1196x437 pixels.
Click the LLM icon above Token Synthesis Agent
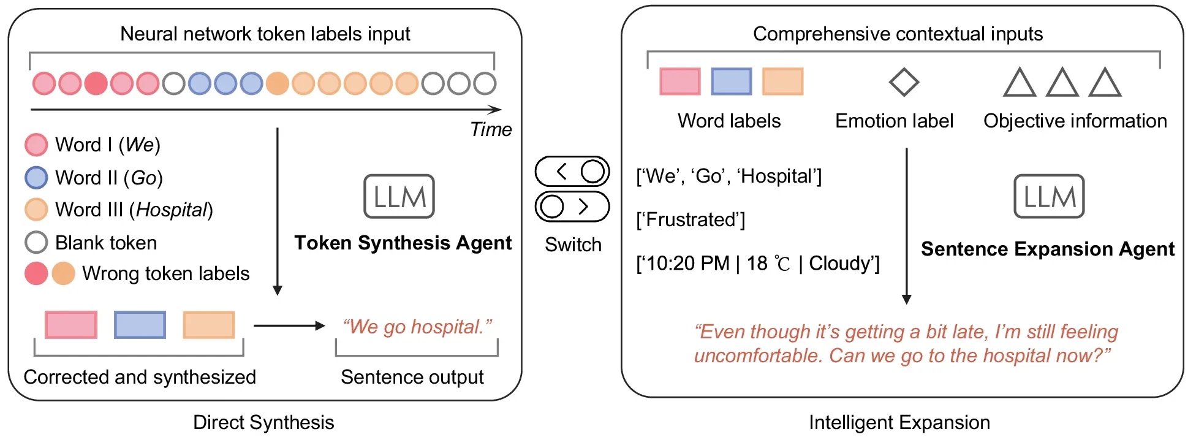click(399, 197)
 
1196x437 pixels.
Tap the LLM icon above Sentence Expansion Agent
click(1049, 197)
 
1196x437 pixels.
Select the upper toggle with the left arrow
click(572, 172)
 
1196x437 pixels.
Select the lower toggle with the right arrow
click(572, 207)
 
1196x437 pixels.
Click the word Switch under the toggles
click(573, 245)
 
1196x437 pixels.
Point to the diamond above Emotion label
click(904, 82)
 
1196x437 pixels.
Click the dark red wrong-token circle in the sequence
click(96, 83)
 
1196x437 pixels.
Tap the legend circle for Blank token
click(36, 242)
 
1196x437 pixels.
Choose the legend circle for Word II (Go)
click(36, 178)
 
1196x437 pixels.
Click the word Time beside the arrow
click(491, 129)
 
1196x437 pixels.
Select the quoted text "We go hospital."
click(417, 327)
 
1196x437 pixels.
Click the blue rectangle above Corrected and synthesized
click(140, 325)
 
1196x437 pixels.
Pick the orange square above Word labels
click(782, 82)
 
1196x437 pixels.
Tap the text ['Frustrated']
click(691, 219)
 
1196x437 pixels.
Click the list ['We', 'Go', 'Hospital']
click(729, 176)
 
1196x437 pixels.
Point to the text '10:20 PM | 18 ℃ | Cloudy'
click(758, 264)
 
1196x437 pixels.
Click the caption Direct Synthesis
click(263, 422)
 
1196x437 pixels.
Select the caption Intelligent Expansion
click(899, 422)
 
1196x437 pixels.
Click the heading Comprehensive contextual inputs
click(898, 34)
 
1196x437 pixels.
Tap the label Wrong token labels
click(165, 273)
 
